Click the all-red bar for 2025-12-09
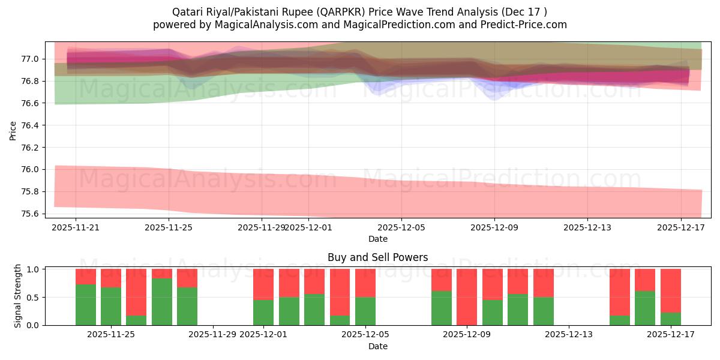467,297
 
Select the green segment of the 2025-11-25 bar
111,306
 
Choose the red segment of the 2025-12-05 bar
365,283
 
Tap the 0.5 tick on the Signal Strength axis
34,297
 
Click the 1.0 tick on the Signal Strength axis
34,269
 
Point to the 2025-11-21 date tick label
75,227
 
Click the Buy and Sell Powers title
377,257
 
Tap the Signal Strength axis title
18,296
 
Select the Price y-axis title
13,130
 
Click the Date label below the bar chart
377,346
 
